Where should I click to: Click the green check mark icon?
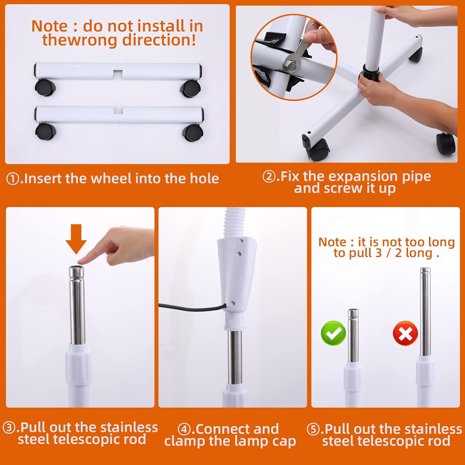coord(334,333)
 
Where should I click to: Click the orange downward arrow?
coord(76,239)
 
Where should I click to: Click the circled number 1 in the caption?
coord(13,179)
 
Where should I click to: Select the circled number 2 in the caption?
coord(269,177)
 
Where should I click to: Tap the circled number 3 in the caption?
coord(9,428)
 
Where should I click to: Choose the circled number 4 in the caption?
coord(184,430)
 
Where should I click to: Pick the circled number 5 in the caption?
coord(313,429)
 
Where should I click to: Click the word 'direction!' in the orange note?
coord(159,40)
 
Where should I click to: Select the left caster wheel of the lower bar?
coord(45,132)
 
